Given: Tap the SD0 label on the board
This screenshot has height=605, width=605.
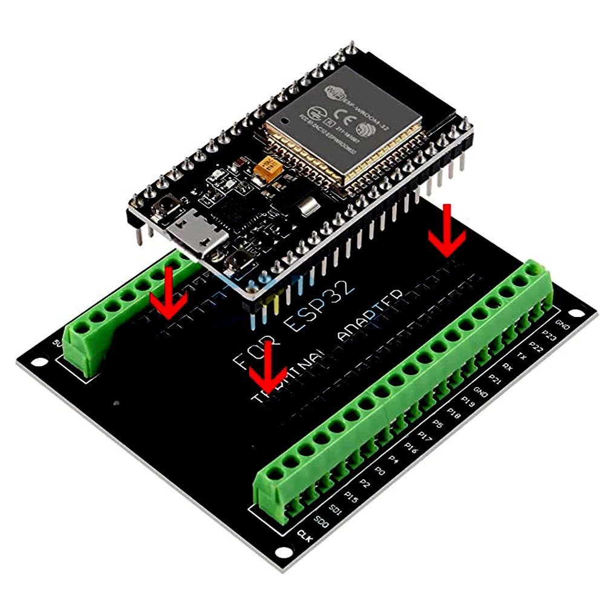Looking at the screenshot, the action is pos(321,520).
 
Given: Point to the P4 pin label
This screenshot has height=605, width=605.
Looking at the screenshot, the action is pos(394,461).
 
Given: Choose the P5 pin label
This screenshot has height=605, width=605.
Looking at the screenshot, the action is pos(440,424).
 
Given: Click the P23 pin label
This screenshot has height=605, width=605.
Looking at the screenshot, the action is pos(549,333).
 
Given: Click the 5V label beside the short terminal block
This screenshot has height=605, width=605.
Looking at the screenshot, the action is pos(58,344).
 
